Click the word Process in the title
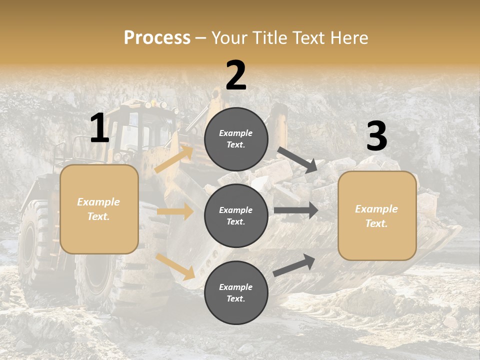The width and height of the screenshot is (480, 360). [x=157, y=38]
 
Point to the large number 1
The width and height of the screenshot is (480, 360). [x=99, y=128]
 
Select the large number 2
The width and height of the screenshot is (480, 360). [x=236, y=75]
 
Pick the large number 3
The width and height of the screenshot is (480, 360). [x=376, y=136]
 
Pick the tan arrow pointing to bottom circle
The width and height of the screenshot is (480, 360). [x=175, y=266]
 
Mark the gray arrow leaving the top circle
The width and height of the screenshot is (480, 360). [x=297, y=159]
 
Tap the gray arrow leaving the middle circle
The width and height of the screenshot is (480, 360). [x=295, y=210]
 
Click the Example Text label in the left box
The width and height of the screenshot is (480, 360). [x=98, y=209]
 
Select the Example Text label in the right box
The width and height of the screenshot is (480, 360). [x=376, y=216]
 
